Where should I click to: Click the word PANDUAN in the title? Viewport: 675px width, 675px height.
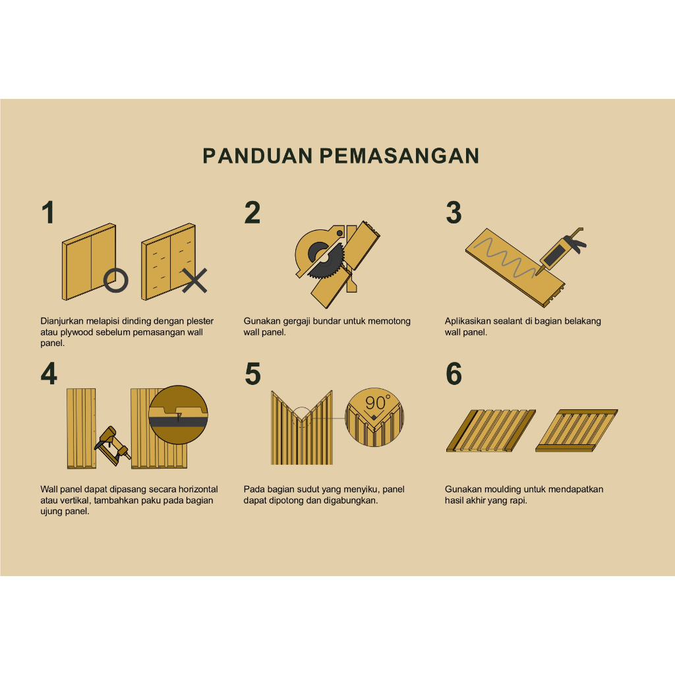point(258,156)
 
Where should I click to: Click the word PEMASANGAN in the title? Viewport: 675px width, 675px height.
point(399,156)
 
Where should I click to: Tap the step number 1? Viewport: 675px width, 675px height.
point(48,212)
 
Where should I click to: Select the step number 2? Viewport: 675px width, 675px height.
point(252,212)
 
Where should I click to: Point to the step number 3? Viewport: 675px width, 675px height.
point(454,213)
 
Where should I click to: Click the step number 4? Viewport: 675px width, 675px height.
point(49,374)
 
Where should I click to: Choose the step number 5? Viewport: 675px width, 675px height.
point(252,374)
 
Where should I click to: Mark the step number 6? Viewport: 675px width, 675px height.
point(454,374)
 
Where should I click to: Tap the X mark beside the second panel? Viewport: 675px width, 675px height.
point(194,281)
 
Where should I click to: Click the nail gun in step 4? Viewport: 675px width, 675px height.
point(112,446)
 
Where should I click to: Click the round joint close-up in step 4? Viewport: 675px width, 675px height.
point(178,415)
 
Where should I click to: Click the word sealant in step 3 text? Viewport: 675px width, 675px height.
point(507,321)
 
